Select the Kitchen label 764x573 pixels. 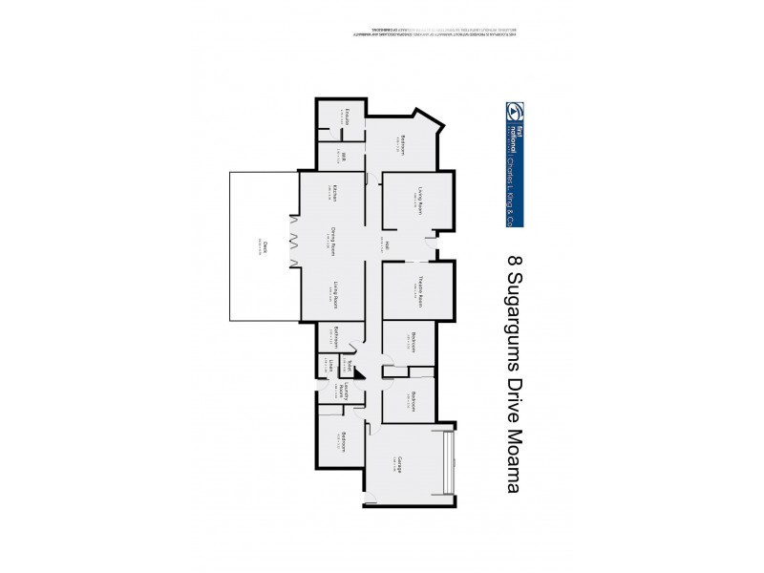click(x=336, y=196)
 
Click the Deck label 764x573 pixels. click(x=264, y=245)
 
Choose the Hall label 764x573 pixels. click(x=388, y=244)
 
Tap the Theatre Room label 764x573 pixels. click(x=419, y=289)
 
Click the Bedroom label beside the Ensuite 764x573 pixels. click(x=404, y=144)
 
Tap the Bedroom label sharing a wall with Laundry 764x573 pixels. click(x=341, y=442)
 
